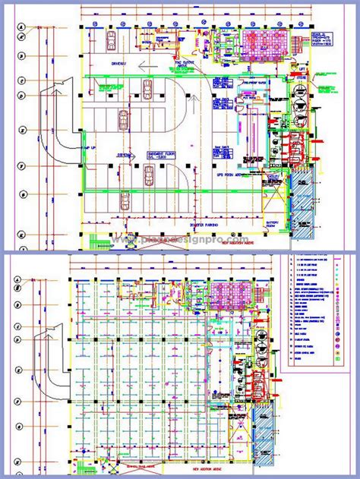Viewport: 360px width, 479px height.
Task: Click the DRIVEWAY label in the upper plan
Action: tap(117, 64)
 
